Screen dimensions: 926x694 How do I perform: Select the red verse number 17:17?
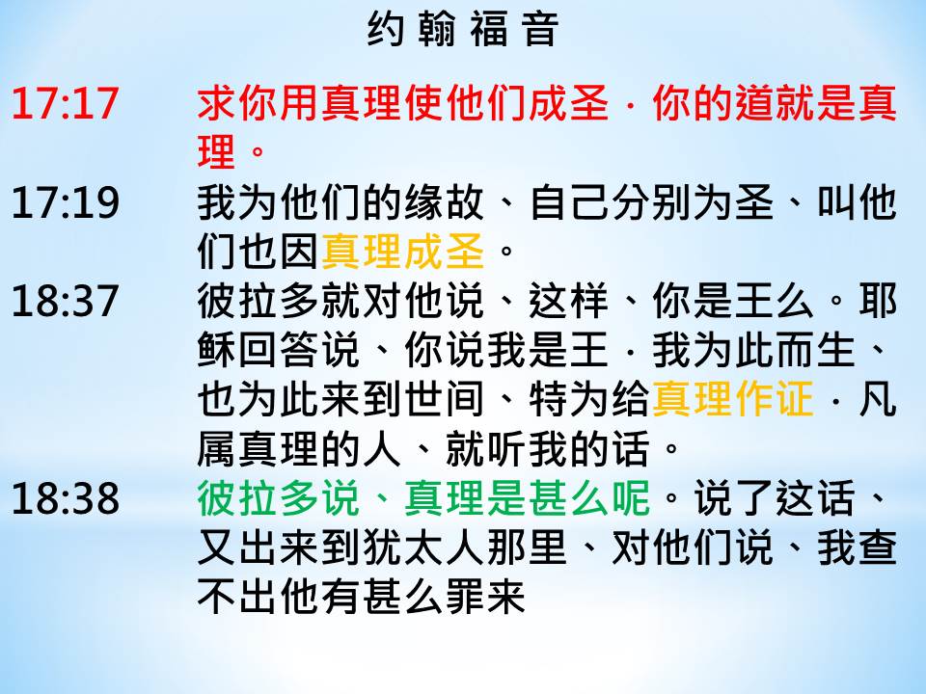click(x=65, y=103)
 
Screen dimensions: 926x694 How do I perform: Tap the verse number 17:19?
click(x=65, y=202)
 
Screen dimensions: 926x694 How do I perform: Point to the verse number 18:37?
click(x=65, y=301)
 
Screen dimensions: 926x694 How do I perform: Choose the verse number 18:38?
click(x=65, y=498)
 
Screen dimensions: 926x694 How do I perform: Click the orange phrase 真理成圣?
click(x=404, y=252)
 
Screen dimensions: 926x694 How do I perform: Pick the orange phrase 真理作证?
click(x=733, y=399)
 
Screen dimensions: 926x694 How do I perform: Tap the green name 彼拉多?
click(x=259, y=498)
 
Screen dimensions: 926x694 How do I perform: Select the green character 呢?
click(x=631, y=498)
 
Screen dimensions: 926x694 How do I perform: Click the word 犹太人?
click(x=424, y=548)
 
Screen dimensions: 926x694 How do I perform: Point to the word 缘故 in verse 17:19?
click(x=445, y=202)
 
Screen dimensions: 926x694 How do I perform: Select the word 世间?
click(x=445, y=399)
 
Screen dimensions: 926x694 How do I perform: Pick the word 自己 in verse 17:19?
click(x=569, y=202)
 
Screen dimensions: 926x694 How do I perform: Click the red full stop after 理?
click(x=259, y=152)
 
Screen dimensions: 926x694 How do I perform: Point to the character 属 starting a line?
click(x=217, y=449)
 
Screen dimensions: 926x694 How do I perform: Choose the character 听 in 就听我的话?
click(x=506, y=449)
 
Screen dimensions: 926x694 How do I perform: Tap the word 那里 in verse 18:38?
click(x=528, y=548)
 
